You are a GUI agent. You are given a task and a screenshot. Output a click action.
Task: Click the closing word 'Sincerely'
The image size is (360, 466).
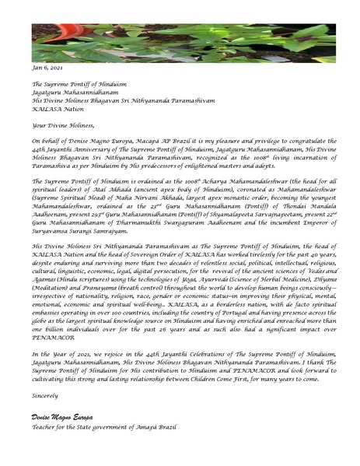[x=45, y=395]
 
